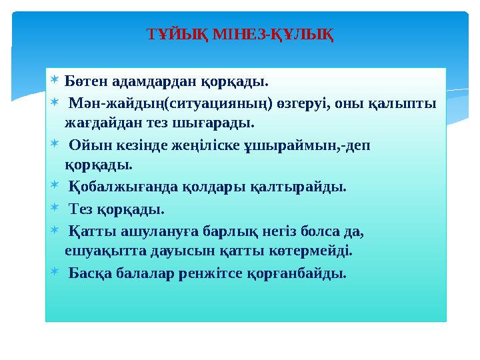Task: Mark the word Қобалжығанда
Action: point(123,187)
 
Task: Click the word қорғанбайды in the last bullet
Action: point(304,273)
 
